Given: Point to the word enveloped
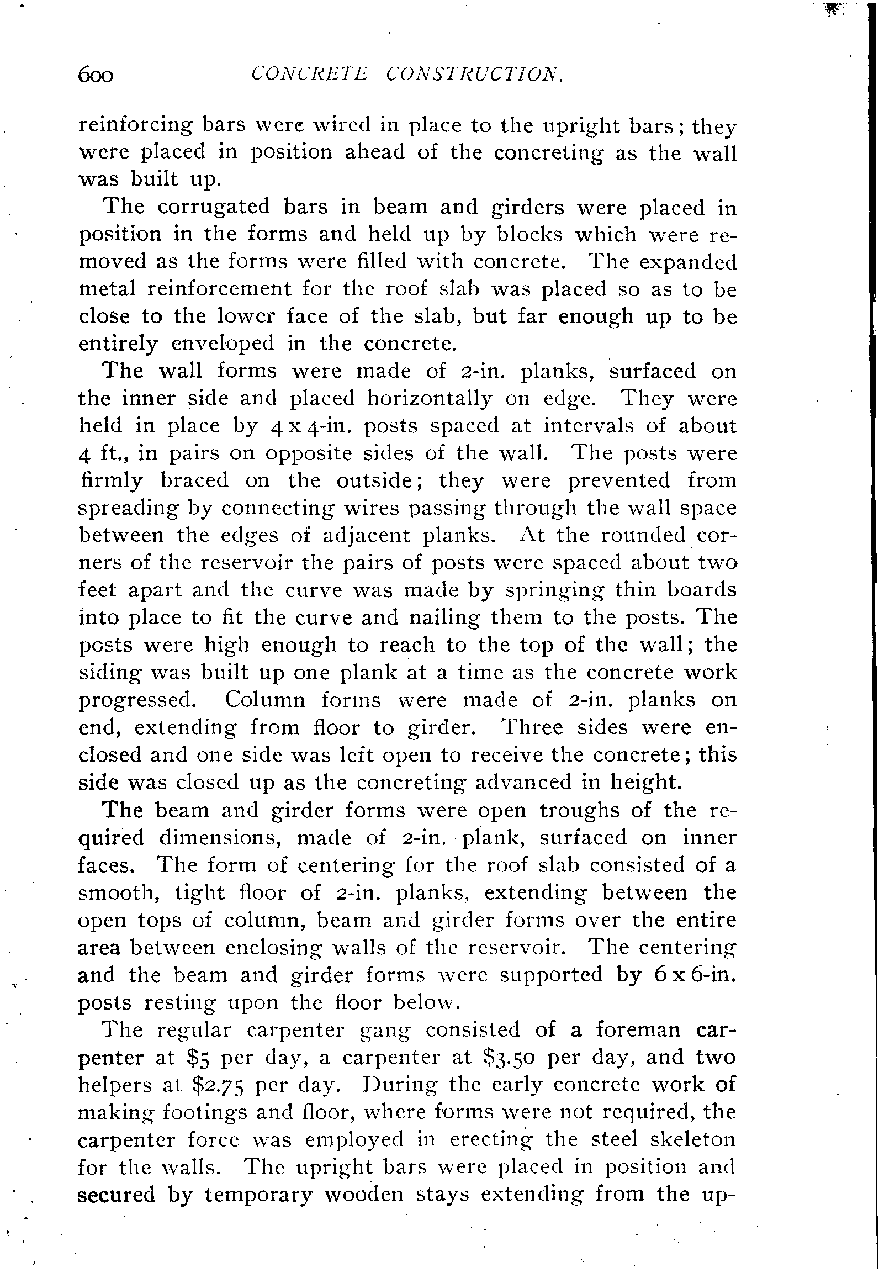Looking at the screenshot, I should pyautogui.click(x=223, y=344).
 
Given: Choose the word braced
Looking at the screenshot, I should pyautogui.click(x=194, y=480).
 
